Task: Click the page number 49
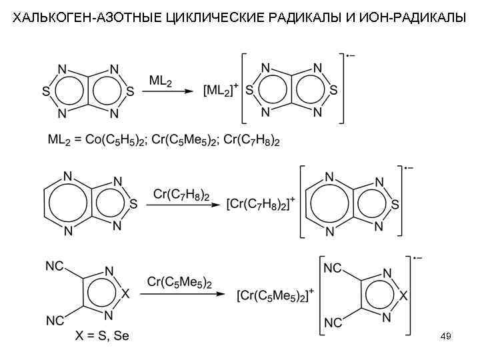[446, 337]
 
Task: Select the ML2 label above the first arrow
[161, 81]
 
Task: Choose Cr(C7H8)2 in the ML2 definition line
[251, 141]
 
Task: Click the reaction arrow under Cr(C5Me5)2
[179, 293]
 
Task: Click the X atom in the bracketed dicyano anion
[403, 293]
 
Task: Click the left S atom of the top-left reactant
[45, 89]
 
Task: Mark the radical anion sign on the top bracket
[349, 54]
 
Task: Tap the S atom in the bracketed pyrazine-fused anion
[395, 205]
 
